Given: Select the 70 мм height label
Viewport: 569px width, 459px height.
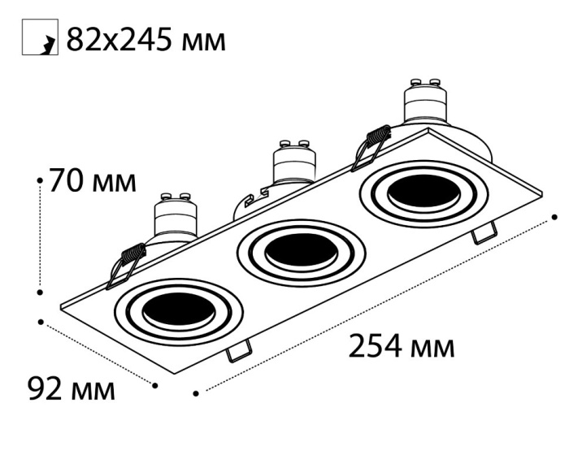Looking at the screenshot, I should pos(93,180).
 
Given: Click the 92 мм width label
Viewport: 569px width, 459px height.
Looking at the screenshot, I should pos(72,388).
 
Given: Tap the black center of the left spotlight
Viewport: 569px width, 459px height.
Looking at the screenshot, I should pos(177,310).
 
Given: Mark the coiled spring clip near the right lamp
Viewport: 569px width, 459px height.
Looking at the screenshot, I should pos(371,146).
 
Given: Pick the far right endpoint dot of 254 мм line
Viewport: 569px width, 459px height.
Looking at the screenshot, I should pos(555,217).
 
